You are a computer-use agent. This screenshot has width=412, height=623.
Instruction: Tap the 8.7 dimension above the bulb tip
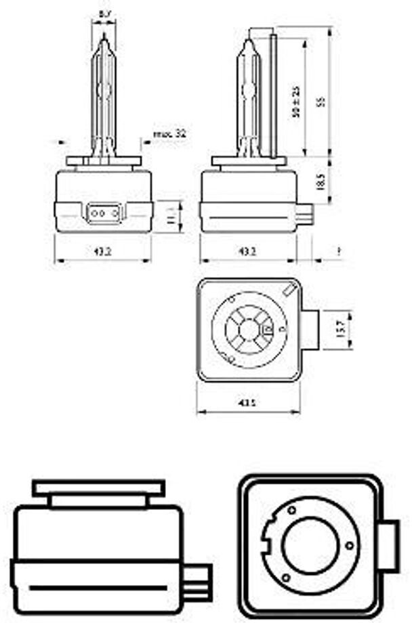pos(104,14)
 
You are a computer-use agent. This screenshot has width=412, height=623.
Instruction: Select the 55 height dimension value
pos(323,102)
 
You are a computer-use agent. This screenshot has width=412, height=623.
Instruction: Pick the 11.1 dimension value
pos(171,217)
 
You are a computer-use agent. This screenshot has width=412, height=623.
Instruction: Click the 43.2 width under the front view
pos(103,252)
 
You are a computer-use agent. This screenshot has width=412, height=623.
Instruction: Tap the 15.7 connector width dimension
pos(341,330)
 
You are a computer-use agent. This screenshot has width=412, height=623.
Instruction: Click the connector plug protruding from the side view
pos(306,215)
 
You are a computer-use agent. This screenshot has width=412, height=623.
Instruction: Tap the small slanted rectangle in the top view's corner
pos(290,291)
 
